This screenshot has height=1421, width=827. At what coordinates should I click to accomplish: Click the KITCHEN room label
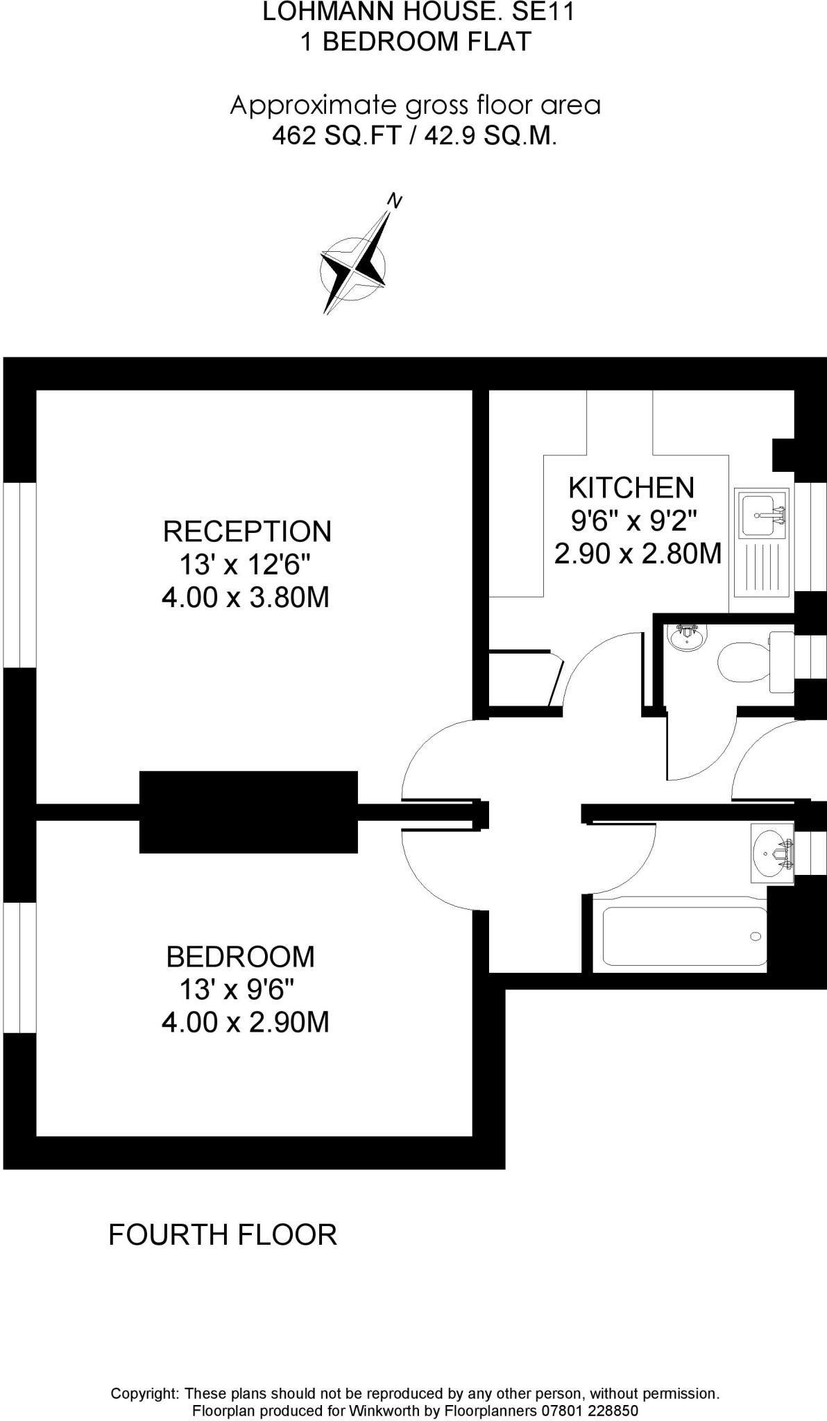click(631, 488)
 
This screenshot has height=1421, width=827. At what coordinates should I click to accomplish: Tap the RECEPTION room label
click(247, 531)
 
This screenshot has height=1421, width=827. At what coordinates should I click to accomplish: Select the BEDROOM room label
click(240, 957)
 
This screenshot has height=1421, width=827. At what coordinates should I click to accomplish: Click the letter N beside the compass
click(395, 201)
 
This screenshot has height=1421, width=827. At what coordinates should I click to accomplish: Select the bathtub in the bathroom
click(685, 936)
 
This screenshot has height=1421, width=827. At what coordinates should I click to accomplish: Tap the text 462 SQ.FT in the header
click(336, 136)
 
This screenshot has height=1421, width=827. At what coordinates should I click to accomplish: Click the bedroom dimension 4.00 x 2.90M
click(245, 1022)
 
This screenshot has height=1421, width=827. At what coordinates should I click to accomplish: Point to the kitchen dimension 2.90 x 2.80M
click(638, 554)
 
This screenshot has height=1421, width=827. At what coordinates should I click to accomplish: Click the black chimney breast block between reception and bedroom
click(248, 812)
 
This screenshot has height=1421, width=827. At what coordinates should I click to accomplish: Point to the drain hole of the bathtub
click(756, 937)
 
